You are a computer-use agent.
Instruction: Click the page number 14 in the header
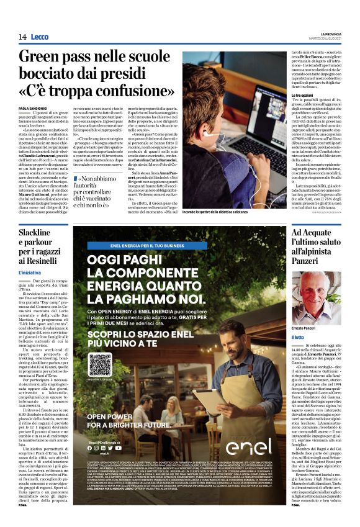coord(22,37)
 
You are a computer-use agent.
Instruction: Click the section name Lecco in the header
coord(39,37)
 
